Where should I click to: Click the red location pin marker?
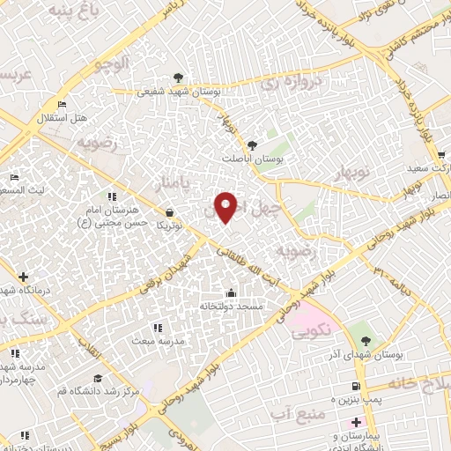tap(226, 206)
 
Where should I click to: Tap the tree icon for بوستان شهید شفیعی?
tap(180, 77)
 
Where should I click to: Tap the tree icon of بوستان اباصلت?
tap(253, 144)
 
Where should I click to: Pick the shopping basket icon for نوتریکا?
tap(169, 211)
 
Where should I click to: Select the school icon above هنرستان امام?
tap(111, 196)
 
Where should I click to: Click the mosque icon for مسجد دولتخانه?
tap(232, 292)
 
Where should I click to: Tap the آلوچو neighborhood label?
tap(114, 63)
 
